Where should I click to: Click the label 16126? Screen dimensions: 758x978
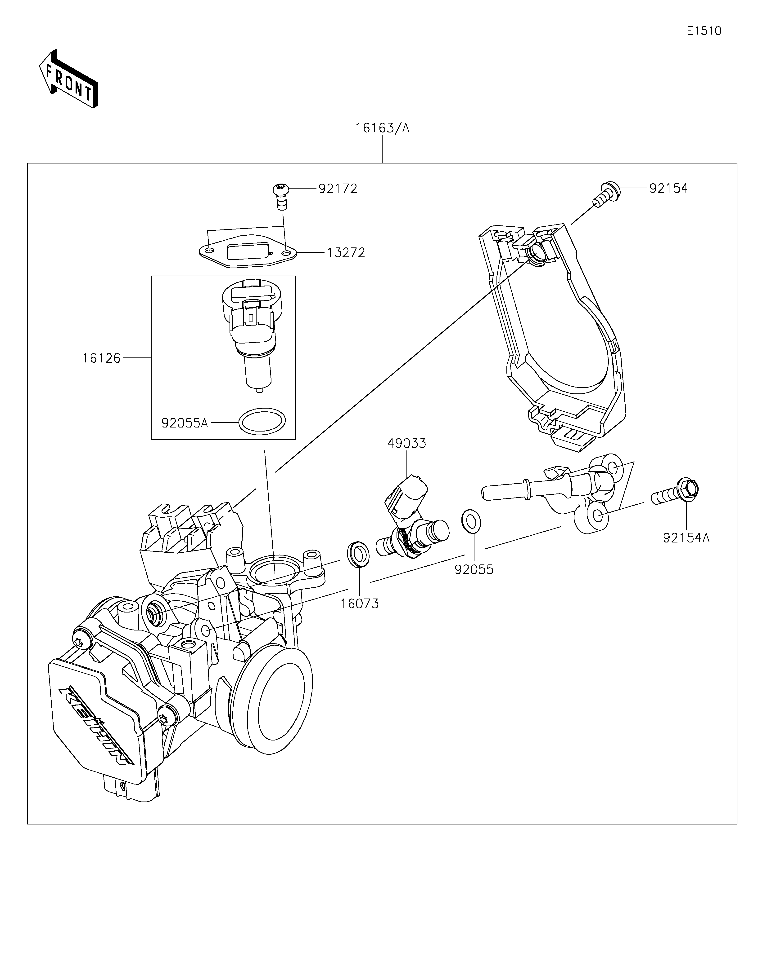(x=101, y=358)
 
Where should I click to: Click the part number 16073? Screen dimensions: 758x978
(x=360, y=604)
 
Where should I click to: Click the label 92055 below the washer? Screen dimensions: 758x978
(x=474, y=570)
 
